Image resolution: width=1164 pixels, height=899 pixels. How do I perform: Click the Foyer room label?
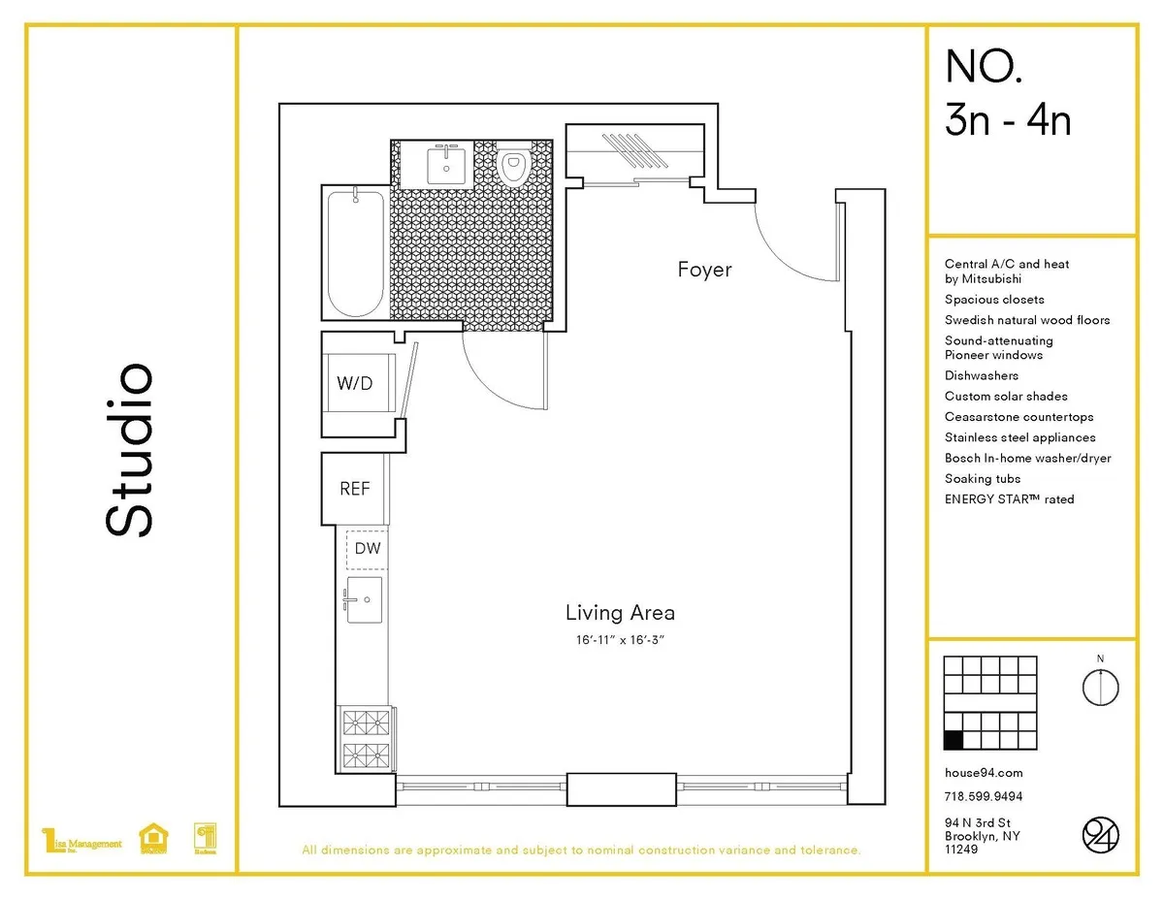pos(704,270)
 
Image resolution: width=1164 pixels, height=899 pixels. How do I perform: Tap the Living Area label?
pos(620,613)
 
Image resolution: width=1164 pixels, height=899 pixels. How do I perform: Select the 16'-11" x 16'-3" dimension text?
pos(620,640)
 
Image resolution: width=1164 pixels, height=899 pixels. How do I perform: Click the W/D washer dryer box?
pos(354,383)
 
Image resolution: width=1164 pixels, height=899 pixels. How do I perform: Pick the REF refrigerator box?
pos(354,489)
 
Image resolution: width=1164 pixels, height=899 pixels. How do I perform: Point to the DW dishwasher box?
pos(368,548)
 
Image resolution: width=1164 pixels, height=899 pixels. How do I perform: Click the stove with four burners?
pos(367,739)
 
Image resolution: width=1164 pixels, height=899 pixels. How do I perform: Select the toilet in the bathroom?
pos(512,167)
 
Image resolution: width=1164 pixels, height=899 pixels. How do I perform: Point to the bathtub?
pos(354,252)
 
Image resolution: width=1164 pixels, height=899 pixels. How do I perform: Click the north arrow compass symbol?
pos(1100,686)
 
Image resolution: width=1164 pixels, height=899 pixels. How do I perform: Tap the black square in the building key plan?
pos(954,741)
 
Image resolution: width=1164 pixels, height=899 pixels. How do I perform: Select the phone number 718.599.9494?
pos(984,797)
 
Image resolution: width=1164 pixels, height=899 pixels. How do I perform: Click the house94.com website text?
pos(984,773)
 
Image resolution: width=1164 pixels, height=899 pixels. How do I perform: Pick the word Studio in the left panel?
pos(128,450)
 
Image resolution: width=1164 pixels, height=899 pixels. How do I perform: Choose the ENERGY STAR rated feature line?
pos(1009,499)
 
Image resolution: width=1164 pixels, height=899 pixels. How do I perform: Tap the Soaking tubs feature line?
pos(983,479)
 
